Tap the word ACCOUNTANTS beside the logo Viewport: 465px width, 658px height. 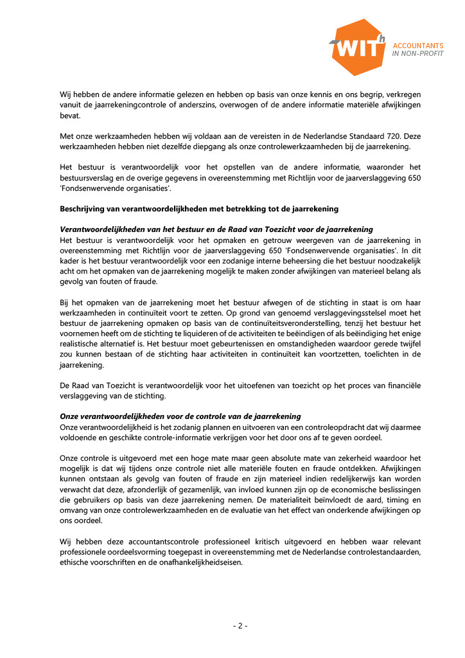coord(417,46)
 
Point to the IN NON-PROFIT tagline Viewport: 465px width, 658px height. coord(417,54)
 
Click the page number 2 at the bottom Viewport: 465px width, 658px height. coord(240,626)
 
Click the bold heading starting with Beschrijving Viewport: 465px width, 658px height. coord(199,209)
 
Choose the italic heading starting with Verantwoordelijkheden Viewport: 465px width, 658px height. coord(216,229)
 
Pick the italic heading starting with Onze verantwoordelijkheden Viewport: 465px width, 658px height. coord(180,416)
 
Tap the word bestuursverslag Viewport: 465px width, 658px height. coord(90,179)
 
